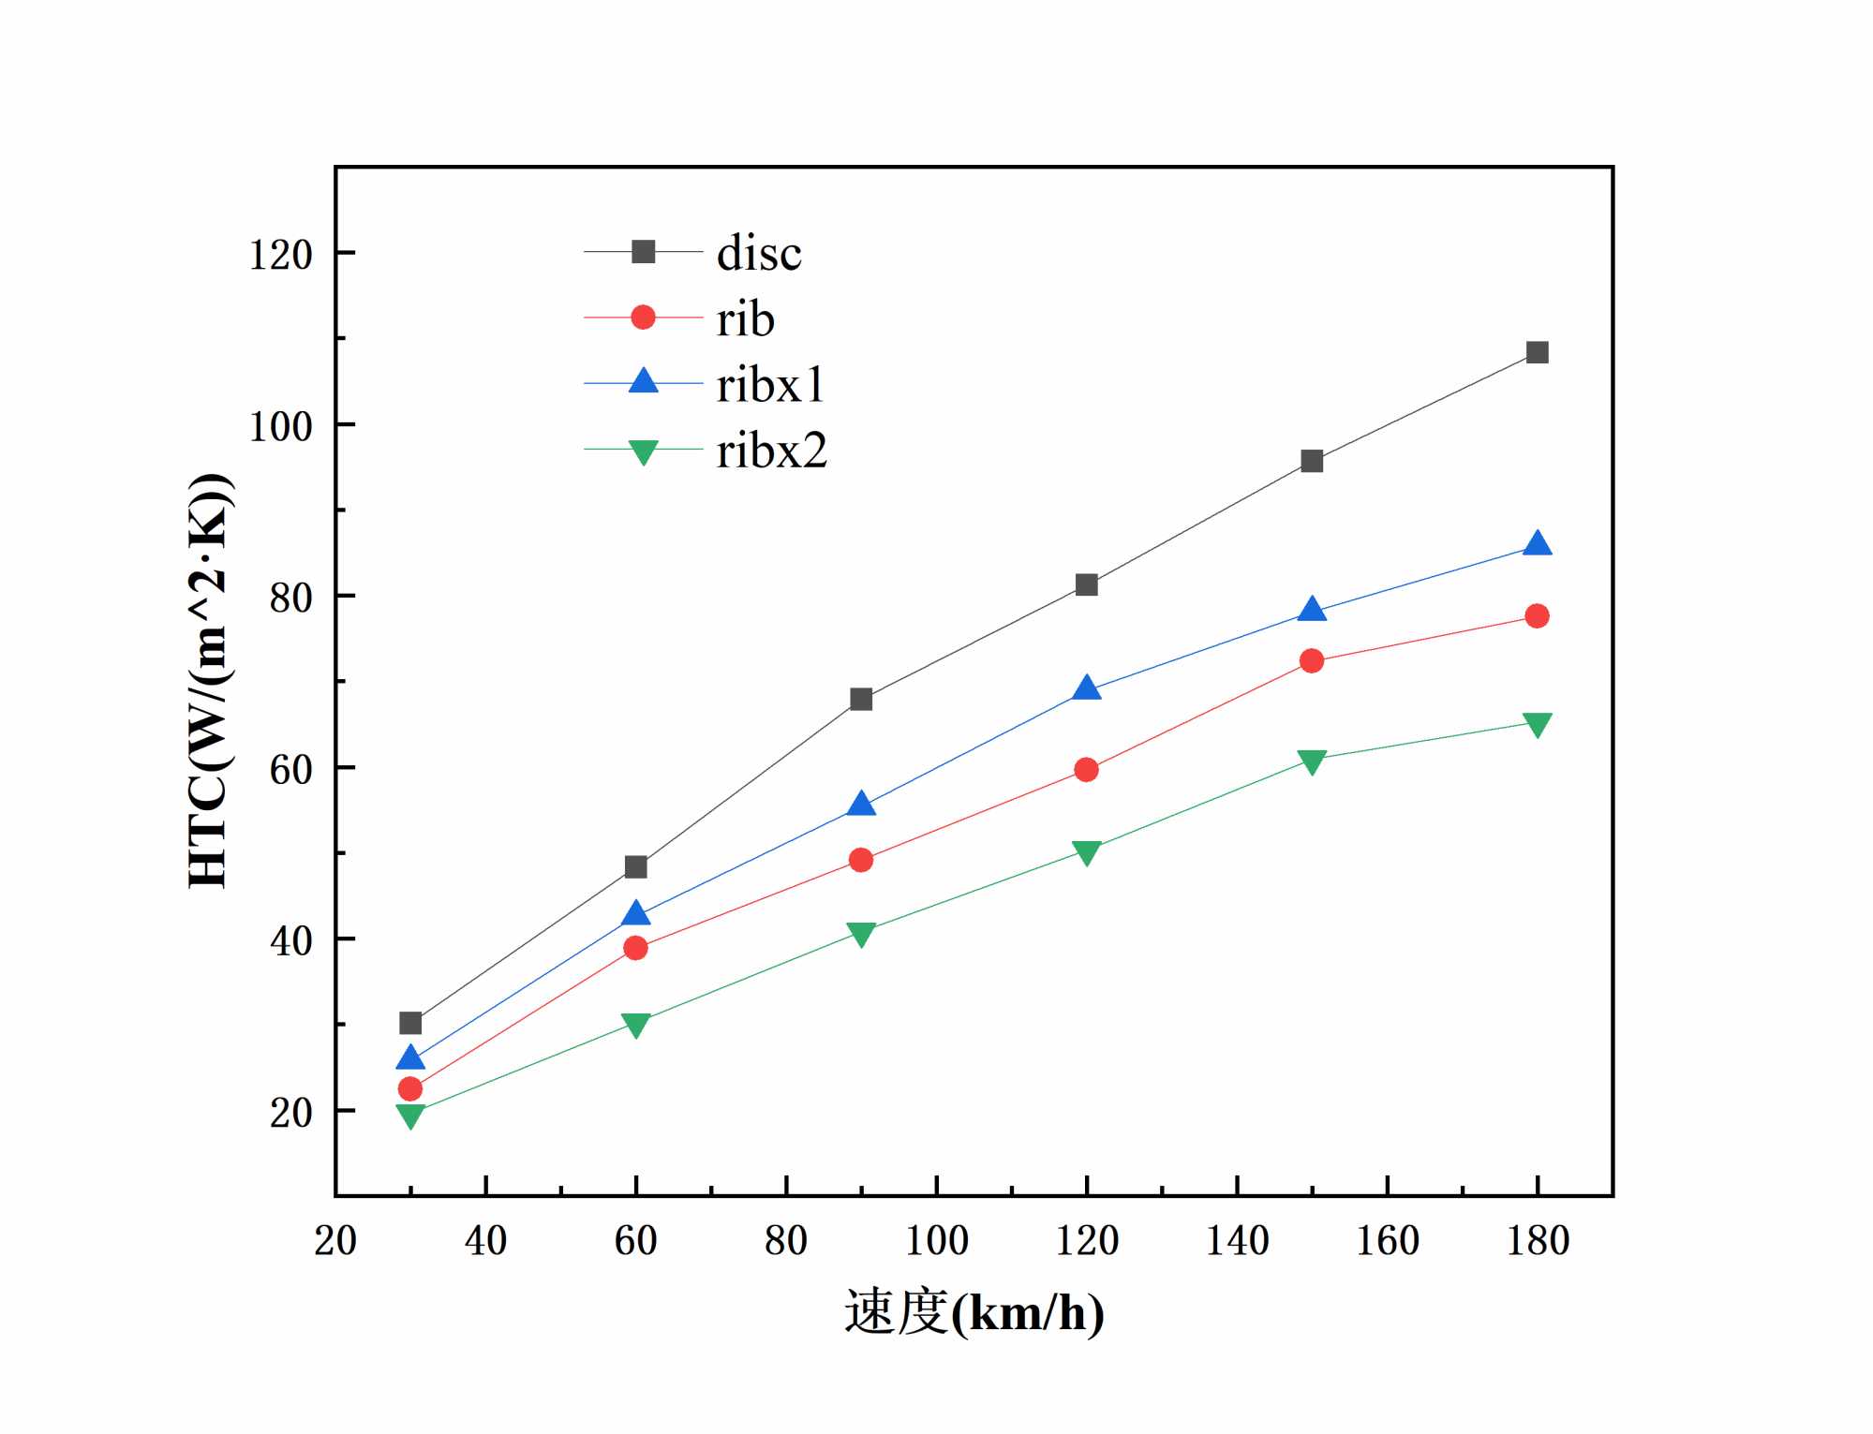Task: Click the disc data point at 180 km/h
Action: coord(1537,352)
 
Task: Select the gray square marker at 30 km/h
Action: coord(410,1023)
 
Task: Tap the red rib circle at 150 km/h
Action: coord(1312,661)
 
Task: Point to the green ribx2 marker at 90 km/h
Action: coord(861,933)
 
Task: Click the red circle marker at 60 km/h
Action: coord(635,948)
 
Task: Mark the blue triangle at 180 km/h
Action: coord(1537,544)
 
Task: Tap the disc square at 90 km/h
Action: coord(861,700)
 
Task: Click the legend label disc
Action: coord(759,253)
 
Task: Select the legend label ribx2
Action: coord(772,451)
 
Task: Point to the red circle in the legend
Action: coord(643,318)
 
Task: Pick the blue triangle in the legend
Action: coord(643,381)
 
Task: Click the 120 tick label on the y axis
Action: coord(280,255)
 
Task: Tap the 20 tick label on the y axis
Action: coord(290,1113)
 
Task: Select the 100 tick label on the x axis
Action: coord(936,1240)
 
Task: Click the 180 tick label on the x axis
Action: coord(1537,1240)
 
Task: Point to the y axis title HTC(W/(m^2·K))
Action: coord(210,681)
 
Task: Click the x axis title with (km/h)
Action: coord(974,1311)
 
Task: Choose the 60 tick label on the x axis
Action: coord(635,1240)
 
